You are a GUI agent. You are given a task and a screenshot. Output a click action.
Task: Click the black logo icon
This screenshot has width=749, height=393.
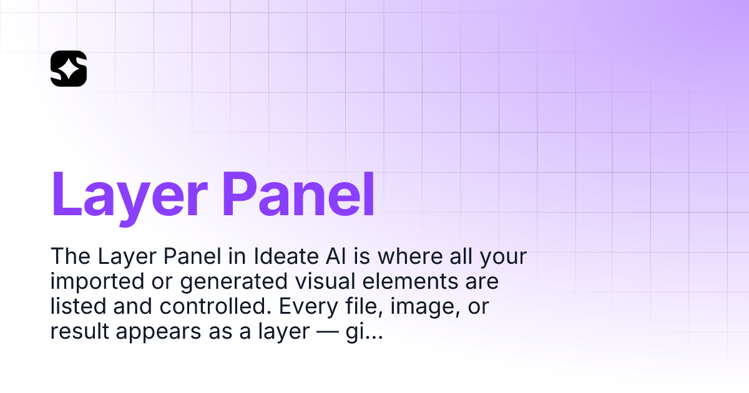(69, 69)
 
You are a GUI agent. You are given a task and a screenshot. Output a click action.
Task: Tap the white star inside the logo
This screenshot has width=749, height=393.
(71, 68)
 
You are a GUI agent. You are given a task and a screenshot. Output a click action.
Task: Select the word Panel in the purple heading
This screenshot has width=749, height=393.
(298, 193)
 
